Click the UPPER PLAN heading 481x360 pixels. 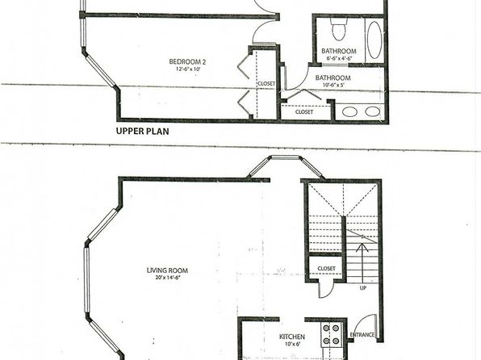142,132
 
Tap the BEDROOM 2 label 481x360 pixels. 187,61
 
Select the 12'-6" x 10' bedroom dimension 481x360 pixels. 188,69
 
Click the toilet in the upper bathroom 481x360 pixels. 339,29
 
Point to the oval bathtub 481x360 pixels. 374,40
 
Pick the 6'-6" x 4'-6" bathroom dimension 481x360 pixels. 339,58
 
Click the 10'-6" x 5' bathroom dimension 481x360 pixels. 333,85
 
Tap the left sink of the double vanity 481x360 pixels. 349,111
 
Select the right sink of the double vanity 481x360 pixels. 373,111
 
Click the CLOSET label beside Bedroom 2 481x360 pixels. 266,83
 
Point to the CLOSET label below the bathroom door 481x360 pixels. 304,112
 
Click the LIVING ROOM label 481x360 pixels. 167,270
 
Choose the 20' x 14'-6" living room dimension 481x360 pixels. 168,278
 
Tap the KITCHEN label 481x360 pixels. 291,337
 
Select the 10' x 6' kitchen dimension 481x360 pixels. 291,344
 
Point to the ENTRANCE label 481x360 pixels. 362,334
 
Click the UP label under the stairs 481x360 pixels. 363,288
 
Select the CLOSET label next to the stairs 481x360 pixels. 326,269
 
